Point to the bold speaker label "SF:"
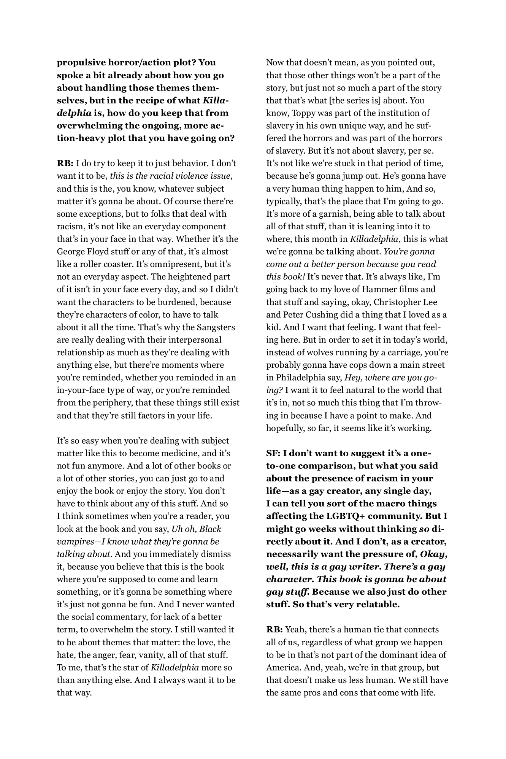click(273, 453)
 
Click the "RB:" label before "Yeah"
click(274, 630)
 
